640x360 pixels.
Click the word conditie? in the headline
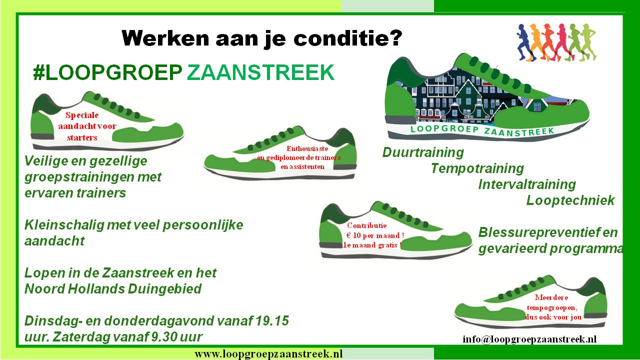coord(347,38)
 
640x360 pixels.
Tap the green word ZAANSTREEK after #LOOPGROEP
coord(260,72)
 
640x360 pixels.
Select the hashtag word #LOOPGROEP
coord(107,72)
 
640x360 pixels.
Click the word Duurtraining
coord(423,152)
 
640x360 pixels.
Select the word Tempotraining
coord(477,168)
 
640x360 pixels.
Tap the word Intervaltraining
coord(527,184)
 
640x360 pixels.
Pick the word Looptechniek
coord(570,200)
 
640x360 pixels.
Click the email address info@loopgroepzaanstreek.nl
coord(529,339)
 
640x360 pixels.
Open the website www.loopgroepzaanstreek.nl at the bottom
coord(268,354)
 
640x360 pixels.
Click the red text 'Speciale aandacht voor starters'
coord(85,126)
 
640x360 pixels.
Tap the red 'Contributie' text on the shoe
coord(367,225)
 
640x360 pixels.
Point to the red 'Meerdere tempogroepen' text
coord(551,302)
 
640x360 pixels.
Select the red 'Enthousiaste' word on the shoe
coord(307,148)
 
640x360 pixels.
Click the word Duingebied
coord(164,289)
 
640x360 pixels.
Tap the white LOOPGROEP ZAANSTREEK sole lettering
coord(482,130)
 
